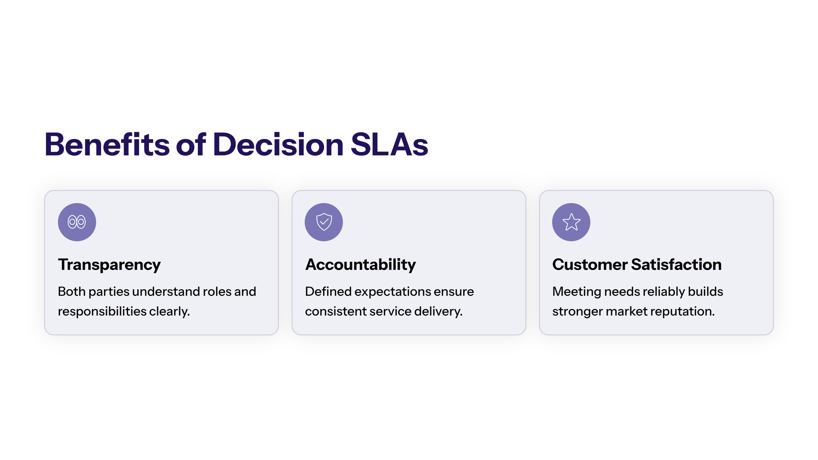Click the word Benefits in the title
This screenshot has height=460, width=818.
107,144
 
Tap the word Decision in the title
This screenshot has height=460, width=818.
278,144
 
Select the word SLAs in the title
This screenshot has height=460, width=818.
389,144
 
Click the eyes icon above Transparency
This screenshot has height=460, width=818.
77,222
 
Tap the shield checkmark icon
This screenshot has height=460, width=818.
324,222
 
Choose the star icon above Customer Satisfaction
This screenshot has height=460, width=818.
571,222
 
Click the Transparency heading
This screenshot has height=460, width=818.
109,265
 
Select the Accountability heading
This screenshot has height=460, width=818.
361,265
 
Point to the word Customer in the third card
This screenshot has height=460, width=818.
590,265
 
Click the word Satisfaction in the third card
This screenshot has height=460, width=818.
677,265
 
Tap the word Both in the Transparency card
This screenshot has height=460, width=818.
72,292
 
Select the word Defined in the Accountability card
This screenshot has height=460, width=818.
328,292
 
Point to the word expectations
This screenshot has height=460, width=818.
393,292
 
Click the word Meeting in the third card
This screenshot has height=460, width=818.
577,292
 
